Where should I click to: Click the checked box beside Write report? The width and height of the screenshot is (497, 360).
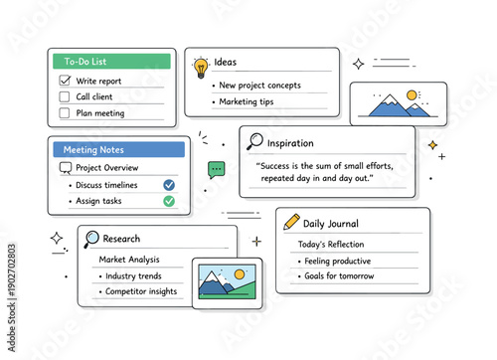point(66,80)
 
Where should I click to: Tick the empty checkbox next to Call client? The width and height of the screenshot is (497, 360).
point(66,96)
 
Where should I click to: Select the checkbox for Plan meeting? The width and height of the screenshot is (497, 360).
point(66,112)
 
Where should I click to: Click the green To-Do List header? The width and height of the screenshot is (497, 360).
point(111,62)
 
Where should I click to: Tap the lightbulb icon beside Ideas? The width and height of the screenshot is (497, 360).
point(201,67)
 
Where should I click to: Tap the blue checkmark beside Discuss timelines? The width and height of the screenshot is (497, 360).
point(169,184)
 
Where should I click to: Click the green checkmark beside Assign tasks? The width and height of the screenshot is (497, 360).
point(169,200)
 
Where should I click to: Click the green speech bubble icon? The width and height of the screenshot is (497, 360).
point(217,169)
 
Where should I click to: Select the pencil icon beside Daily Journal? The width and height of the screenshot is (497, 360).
point(291,222)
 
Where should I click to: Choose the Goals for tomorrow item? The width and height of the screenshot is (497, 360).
point(341,275)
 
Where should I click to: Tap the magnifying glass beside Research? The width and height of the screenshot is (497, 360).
point(91,238)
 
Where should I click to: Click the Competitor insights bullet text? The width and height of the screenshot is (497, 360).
point(141,291)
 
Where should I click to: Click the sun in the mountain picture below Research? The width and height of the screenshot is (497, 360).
point(239,273)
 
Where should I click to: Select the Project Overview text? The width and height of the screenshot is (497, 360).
point(106,167)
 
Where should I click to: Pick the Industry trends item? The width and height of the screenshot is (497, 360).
point(133,275)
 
